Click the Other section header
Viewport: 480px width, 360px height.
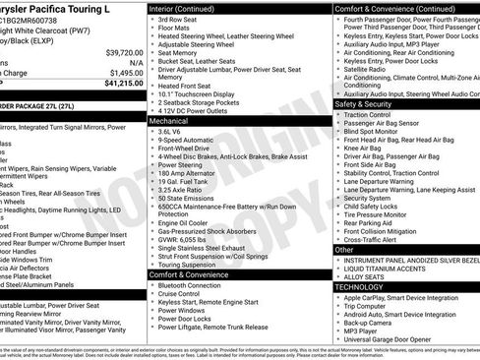(345, 250)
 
